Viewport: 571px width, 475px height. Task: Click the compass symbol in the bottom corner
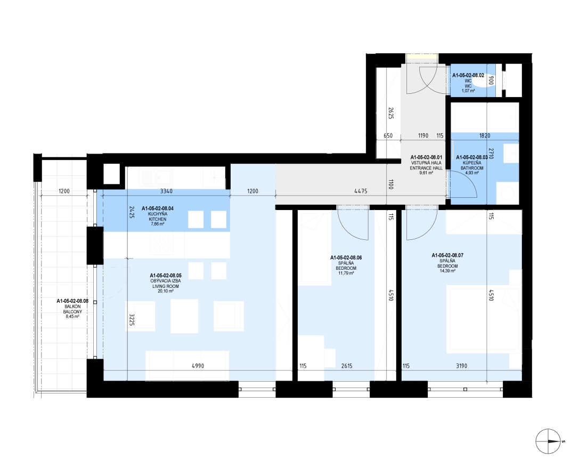[548, 441]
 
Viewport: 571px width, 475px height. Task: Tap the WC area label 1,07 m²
[468, 91]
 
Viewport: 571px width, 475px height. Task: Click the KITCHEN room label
[157, 219]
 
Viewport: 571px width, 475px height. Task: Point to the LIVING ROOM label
[165, 286]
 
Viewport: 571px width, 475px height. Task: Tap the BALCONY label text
[72, 312]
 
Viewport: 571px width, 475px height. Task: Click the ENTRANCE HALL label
[426, 168]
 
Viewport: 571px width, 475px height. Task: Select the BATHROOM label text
[472, 168]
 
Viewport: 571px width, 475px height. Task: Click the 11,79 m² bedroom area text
[346, 273]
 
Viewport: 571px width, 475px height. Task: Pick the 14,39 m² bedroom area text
[447, 271]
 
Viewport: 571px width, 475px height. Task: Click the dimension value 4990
[198, 366]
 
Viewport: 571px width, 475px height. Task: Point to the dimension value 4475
[361, 191]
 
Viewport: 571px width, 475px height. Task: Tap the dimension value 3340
[166, 191]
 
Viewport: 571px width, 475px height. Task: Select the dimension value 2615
[347, 366]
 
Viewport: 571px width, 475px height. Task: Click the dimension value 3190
[461, 366]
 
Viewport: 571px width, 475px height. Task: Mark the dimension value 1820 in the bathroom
[485, 135]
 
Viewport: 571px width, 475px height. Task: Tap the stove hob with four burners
[162, 243]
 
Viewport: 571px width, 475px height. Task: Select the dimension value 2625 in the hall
[391, 113]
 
